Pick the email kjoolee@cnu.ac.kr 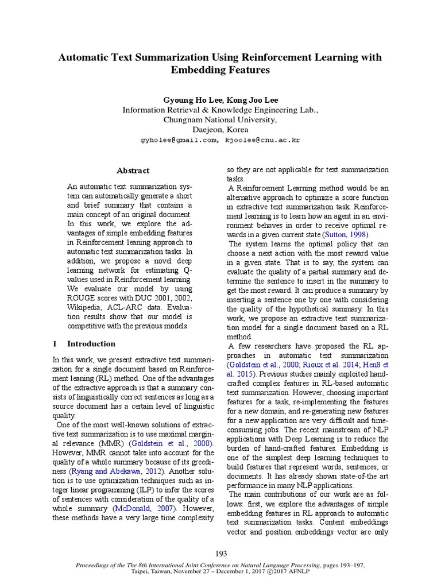[x=263, y=140]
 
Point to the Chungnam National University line [x=220, y=119]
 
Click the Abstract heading [x=133, y=171]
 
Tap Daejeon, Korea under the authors [x=220, y=130]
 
